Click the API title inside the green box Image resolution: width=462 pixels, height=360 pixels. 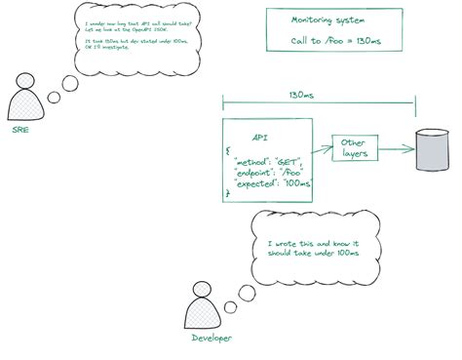[x=260, y=139]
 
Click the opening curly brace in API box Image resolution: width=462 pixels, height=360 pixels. [x=227, y=151]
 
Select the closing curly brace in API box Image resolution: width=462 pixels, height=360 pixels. [x=228, y=193]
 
